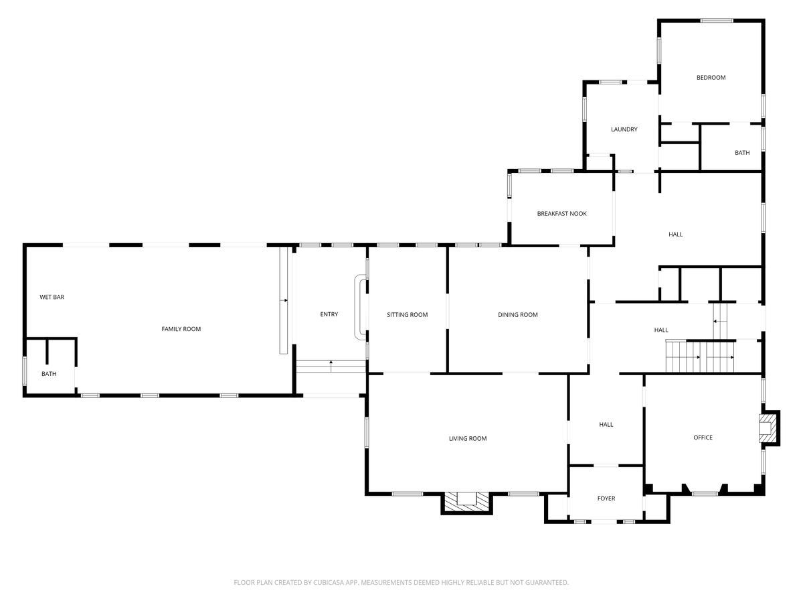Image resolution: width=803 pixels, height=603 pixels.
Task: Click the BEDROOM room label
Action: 711,78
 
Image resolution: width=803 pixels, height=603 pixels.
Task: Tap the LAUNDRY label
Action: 624,129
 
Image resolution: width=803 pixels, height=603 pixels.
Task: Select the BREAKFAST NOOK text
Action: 561,214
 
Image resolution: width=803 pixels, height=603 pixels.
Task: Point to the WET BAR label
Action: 52,297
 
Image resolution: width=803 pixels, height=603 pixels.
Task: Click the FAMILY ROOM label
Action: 181,329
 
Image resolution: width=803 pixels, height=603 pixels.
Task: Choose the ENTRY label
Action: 329,314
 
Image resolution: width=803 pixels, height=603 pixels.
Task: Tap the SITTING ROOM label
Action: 407,314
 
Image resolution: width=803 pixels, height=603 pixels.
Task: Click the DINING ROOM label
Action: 518,314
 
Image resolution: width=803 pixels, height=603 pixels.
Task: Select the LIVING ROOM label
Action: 468,438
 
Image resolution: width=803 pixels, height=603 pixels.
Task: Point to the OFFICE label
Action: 703,437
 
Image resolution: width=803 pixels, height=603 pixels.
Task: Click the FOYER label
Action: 606,498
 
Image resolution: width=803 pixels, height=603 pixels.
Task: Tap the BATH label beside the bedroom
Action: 742,152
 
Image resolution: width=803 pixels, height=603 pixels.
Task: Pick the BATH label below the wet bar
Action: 49,373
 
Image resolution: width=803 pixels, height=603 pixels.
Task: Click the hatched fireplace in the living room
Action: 466,502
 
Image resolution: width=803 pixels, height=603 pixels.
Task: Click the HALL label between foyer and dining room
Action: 606,424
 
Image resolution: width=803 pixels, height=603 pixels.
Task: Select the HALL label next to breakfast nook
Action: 675,234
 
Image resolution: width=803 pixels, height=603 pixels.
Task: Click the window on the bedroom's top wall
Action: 716,21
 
